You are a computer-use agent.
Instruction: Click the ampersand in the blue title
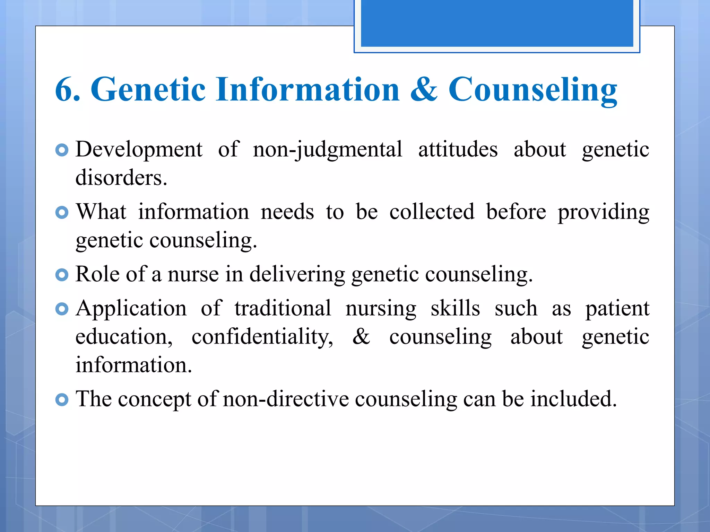423,90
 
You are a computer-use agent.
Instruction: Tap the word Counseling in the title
532,91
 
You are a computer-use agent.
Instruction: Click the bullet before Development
62,150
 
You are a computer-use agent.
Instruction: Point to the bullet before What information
62,212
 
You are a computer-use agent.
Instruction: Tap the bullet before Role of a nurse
62,275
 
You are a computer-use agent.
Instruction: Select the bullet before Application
62,309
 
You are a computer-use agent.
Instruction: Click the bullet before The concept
62,400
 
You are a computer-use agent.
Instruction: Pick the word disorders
121,178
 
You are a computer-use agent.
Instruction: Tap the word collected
432,212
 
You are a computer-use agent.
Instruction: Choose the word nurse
193,275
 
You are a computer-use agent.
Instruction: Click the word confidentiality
262,337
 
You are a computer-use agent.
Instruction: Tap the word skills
455,309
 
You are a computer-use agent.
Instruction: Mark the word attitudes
458,150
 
